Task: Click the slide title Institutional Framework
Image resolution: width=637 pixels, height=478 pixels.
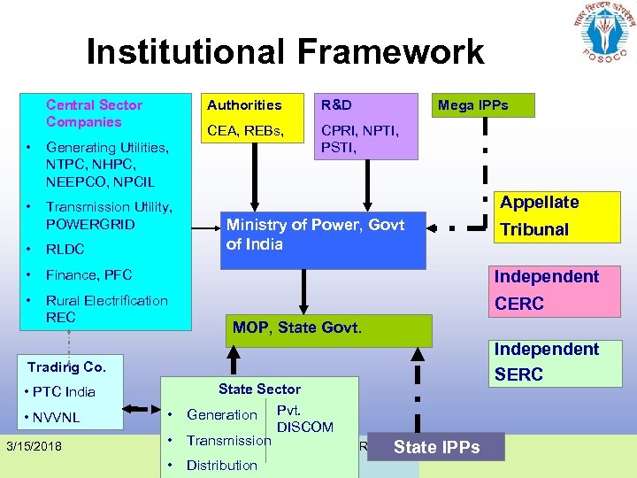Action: [285, 52]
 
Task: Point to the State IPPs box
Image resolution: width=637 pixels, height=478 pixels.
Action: [437, 447]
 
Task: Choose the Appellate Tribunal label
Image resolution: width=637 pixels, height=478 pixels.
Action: [540, 216]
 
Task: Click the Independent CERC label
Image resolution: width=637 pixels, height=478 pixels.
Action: [546, 290]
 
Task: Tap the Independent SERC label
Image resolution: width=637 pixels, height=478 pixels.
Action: [546, 361]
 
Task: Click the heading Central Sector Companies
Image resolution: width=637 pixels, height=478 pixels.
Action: [94, 113]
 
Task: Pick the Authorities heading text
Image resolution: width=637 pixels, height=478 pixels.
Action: [244, 105]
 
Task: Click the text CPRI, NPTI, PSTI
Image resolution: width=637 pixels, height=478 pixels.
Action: [359, 140]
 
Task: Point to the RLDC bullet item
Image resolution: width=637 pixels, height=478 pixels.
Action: [65, 250]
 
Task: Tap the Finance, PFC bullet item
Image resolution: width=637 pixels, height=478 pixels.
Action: [88, 275]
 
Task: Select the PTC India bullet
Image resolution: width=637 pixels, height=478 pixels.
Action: [61, 392]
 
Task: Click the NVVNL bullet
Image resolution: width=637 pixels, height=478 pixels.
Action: [57, 416]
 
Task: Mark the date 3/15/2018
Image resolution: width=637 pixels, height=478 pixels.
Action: [34, 446]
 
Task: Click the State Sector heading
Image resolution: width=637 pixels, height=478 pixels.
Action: [259, 389]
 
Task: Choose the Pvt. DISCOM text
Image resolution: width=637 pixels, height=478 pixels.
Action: [304, 419]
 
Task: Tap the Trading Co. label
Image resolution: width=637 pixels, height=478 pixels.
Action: [66, 366]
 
